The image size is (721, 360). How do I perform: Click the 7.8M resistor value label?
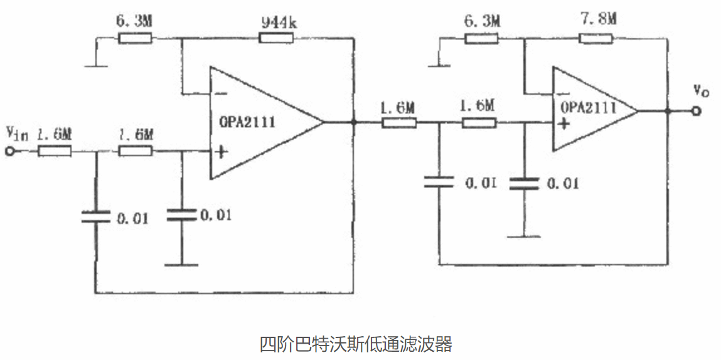[x=599, y=19]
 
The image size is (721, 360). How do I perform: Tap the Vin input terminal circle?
[x=9, y=151]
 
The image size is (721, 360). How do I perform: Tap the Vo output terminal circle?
[x=695, y=111]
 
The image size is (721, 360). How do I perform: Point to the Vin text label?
[x=16, y=133]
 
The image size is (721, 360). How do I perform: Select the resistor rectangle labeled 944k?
[x=276, y=39]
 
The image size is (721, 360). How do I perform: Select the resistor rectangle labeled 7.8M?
[x=596, y=39]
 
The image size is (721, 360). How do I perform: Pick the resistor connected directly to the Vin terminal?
[x=55, y=151]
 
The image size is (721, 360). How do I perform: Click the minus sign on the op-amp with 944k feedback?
[x=220, y=94]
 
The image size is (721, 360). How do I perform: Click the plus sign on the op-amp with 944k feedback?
[x=220, y=151]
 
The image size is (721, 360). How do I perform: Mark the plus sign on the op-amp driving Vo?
[x=564, y=124]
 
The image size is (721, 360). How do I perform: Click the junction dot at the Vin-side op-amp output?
[x=355, y=123]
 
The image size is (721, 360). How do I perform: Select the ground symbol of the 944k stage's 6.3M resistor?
[x=95, y=63]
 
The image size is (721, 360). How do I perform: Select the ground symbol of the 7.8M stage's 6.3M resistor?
[x=440, y=63]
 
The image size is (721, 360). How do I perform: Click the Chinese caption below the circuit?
[x=356, y=344]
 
